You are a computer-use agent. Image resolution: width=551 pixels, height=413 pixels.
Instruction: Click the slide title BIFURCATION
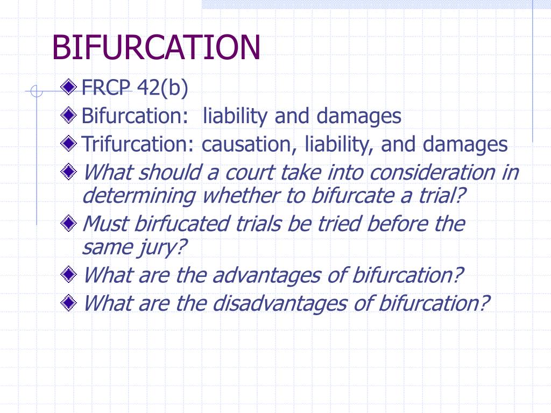(x=156, y=47)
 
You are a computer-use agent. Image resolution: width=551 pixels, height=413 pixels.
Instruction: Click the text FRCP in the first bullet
(x=106, y=88)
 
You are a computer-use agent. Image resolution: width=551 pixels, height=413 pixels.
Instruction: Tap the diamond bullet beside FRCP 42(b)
(x=68, y=87)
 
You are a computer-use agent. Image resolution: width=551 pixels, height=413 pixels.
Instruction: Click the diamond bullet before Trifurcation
(x=68, y=143)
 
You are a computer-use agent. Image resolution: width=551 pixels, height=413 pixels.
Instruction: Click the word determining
(x=139, y=196)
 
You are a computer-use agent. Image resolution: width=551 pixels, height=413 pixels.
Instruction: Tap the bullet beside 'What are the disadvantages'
(x=68, y=302)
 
